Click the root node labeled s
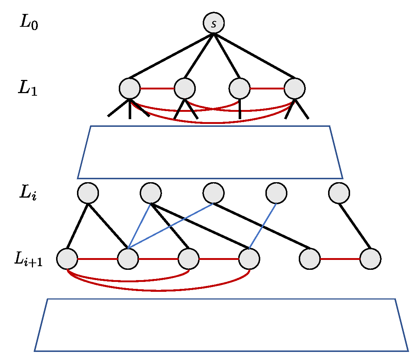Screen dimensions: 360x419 [214, 23]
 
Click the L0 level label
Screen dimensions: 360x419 [29, 23]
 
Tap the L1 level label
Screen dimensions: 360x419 [28, 88]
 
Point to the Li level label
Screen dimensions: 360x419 [28, 193]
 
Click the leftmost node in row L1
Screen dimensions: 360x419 [130, 88]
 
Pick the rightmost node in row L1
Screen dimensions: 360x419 [295, 88]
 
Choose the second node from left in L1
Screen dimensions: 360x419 [185, 88]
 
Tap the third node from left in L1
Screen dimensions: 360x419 [240, 88]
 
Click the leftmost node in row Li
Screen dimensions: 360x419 [88, 193]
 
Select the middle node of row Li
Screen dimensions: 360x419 [214, 193]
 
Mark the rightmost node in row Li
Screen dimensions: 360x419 [339, 193]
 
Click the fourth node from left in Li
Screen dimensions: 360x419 [276, 193]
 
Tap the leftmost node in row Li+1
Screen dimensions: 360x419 [67, 259]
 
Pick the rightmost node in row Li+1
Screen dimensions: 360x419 [371, 259]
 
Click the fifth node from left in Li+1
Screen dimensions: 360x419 [310, 259]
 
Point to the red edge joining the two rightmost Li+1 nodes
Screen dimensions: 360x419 [340, 259]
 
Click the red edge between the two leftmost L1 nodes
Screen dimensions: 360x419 [157, 88]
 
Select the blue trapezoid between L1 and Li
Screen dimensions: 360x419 [210, 152]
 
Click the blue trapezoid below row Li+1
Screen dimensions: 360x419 [221, 325]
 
